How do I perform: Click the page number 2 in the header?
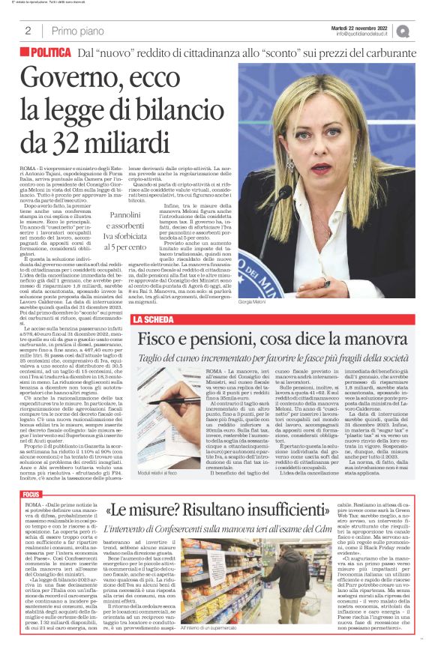(x=28, y=31)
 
